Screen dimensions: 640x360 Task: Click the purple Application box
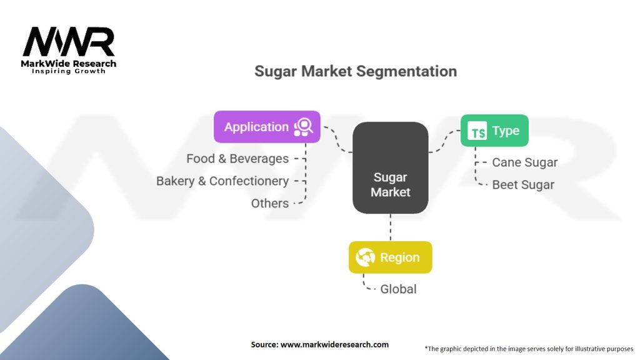pos(267,126)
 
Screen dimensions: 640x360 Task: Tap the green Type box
pos(494,131)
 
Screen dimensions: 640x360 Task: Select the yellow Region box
pos(390,257)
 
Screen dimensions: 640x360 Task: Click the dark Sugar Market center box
pos(390,167)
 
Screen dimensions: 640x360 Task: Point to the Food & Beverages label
pos(237,158)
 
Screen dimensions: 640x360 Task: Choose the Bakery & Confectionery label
pos(222,181)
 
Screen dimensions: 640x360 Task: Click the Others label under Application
pos(270,203)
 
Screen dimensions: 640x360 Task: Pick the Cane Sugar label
pos(524,162)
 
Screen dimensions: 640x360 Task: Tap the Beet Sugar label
pos(523,185)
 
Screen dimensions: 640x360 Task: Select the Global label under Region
pos(398,289)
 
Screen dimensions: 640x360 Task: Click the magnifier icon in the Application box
pos(304,127)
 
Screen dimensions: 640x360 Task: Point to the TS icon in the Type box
pos(477,131)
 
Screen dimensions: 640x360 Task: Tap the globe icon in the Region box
pos(365,257)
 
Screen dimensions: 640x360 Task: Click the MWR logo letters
pos(69,42)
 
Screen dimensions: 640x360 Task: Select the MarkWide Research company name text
pos(69,64)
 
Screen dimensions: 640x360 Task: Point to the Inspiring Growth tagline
pos(69,71)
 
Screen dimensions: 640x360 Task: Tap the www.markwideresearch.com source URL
pos(334,344)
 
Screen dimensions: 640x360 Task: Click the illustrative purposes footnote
pos(529,349)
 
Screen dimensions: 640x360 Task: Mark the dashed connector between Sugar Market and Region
pos(391,227)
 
